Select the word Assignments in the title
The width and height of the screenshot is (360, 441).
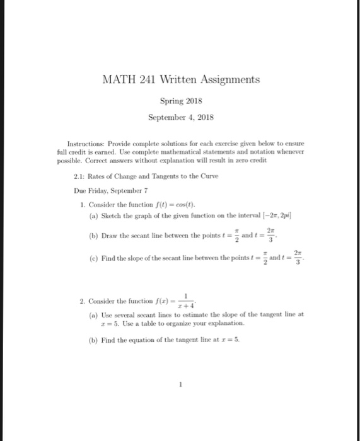pyautogui.click(x=224, y=80)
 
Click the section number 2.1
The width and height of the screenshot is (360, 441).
pyautogui.click(x=78, y=176)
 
